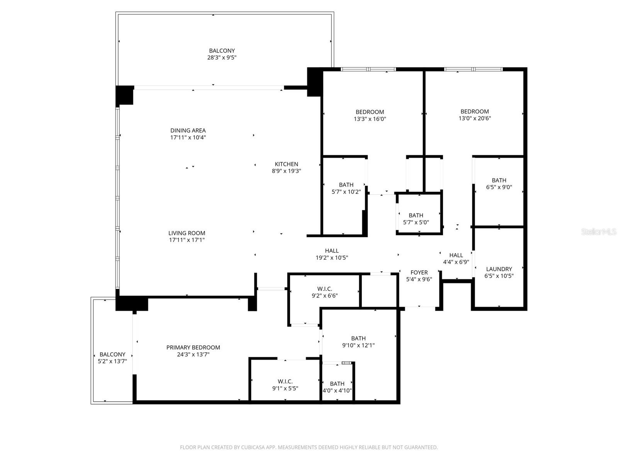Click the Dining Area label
point(188,130)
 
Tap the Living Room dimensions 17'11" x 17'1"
point(187,240)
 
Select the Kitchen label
point(286,164)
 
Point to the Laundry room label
point(499,269)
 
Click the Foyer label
point(419,272)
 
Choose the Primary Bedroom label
point(193,347)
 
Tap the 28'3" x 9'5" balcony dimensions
point(222,57)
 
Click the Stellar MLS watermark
point(598,231)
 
